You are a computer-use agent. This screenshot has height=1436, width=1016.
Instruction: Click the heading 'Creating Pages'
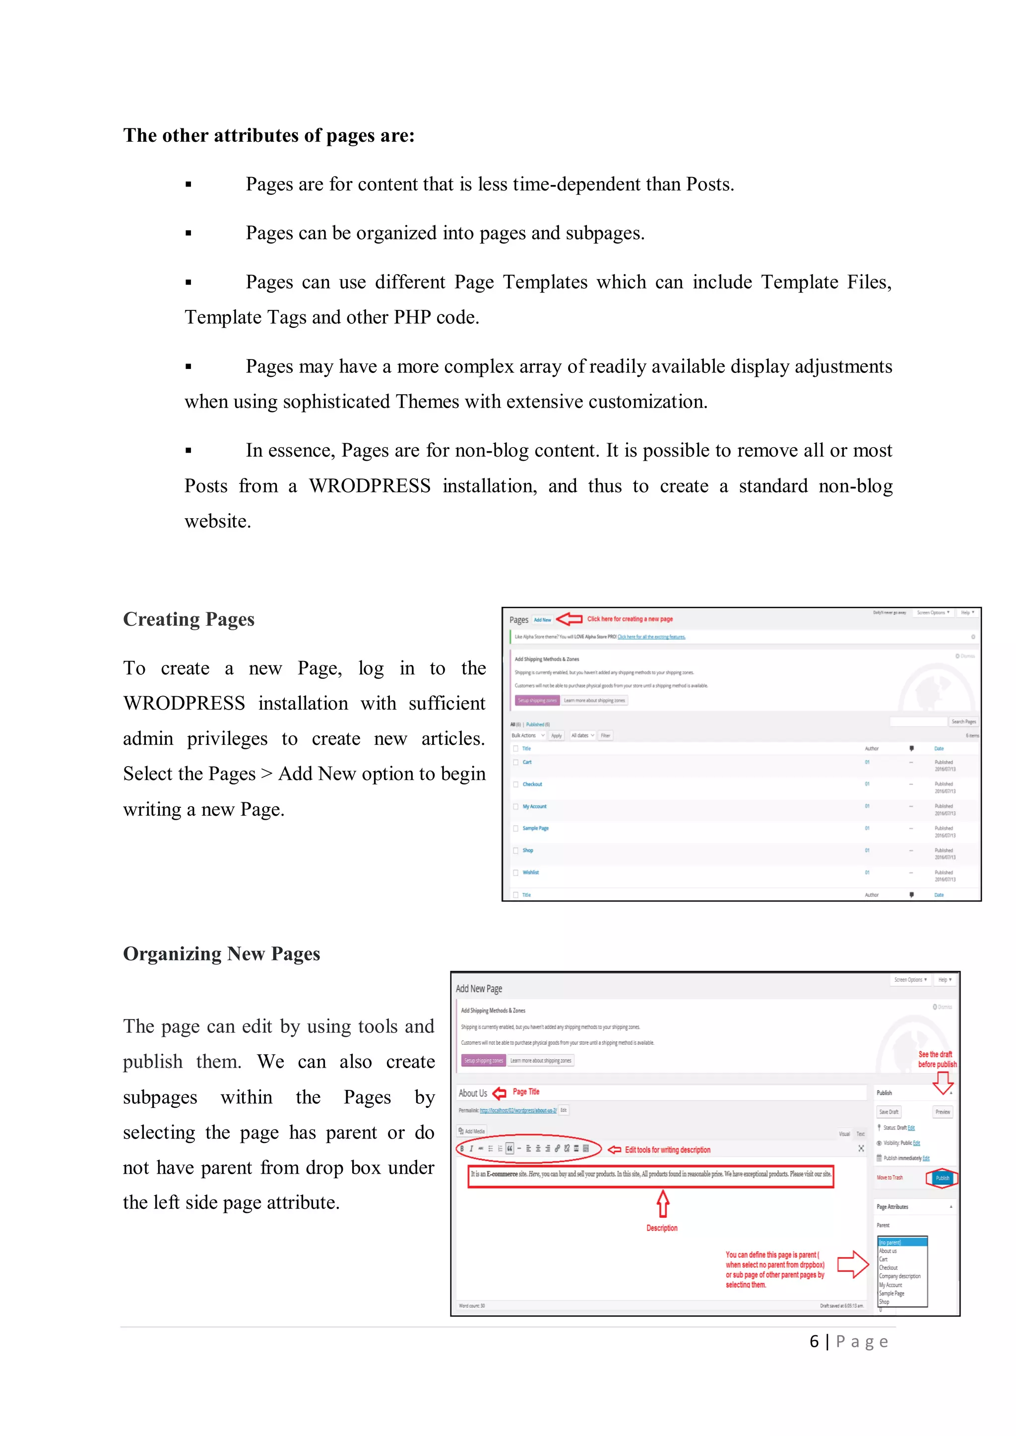tap(189, 619)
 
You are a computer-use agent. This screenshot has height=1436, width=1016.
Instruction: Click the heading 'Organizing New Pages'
tap(221, 954)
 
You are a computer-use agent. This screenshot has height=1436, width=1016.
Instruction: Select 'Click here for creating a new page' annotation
tap(630, 619)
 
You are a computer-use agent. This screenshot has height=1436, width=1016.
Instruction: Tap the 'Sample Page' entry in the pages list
tap(535, 828)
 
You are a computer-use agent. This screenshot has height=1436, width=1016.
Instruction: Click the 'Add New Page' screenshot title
tap(479, 989)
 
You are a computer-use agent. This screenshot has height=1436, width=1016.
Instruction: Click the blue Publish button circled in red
tap(942, 1178)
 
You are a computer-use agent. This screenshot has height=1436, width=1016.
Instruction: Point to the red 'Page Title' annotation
tap(525, 1092)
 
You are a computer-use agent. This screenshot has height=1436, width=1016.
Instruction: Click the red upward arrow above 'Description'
tap(662, 1204)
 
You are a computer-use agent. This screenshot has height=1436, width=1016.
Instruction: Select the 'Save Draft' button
tap(889, 1112)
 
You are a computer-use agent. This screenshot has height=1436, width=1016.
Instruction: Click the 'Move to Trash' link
tap(889, 1178)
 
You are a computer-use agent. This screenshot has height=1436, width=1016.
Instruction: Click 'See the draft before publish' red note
tap(937, 1060)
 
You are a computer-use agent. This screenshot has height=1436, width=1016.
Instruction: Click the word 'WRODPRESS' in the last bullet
tap(370, 486)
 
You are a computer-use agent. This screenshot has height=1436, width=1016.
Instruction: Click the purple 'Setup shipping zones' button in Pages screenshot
tap(537, 701)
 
